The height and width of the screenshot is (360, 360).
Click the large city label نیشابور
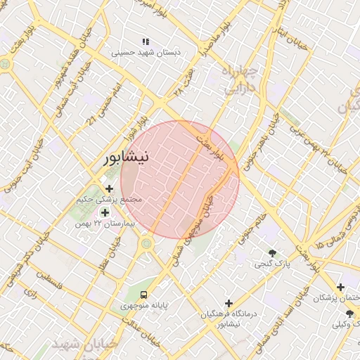[126, 157]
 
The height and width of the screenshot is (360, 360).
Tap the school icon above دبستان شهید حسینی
[146, 42]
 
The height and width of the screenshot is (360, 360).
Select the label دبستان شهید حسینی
[148, 53]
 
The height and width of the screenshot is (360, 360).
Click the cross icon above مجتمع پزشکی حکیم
[109, 188]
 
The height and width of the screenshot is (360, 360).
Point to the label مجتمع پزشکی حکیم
[109, 200]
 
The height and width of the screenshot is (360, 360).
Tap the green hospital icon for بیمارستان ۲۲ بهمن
[105, 212]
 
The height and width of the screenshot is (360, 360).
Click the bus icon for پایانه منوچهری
[144, 295]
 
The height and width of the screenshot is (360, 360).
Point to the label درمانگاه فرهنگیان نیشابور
[231, 318]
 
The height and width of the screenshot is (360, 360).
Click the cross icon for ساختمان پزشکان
[341, 287]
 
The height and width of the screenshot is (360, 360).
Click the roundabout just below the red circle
[146, 244]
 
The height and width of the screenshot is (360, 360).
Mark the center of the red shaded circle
[180, 179]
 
